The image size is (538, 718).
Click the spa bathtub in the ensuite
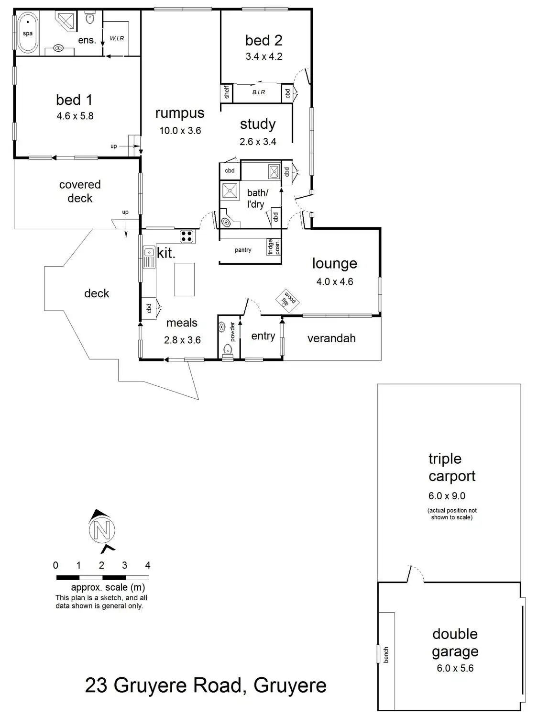(x=28, y=33)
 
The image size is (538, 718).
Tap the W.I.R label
(x=117, y=38)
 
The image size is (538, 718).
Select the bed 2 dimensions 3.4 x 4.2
(x=264, y=56)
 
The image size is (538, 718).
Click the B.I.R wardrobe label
(x=259, y=92)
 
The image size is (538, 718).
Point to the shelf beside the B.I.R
(x=226, y=92)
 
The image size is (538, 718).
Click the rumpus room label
(x=180, y=113)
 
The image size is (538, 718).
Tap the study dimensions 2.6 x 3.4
(x=258, y=142)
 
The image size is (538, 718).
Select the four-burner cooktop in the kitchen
(x=187, y=236)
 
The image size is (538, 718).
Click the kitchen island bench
(x=185, y=280)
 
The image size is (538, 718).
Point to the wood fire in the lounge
(x=287, y=300)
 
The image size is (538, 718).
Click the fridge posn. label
(x=274, y=247)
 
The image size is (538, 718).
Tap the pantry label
(x=243, y=250)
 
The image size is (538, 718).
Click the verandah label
(x=331, y=338)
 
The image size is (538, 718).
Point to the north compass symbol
(x=102, y=529)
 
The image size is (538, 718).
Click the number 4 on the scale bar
(x=148, y=565)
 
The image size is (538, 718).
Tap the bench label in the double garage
(x=386, y=655)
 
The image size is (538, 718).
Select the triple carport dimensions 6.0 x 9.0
(x=447, y=496)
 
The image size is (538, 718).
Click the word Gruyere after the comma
(x=290, y=686)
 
